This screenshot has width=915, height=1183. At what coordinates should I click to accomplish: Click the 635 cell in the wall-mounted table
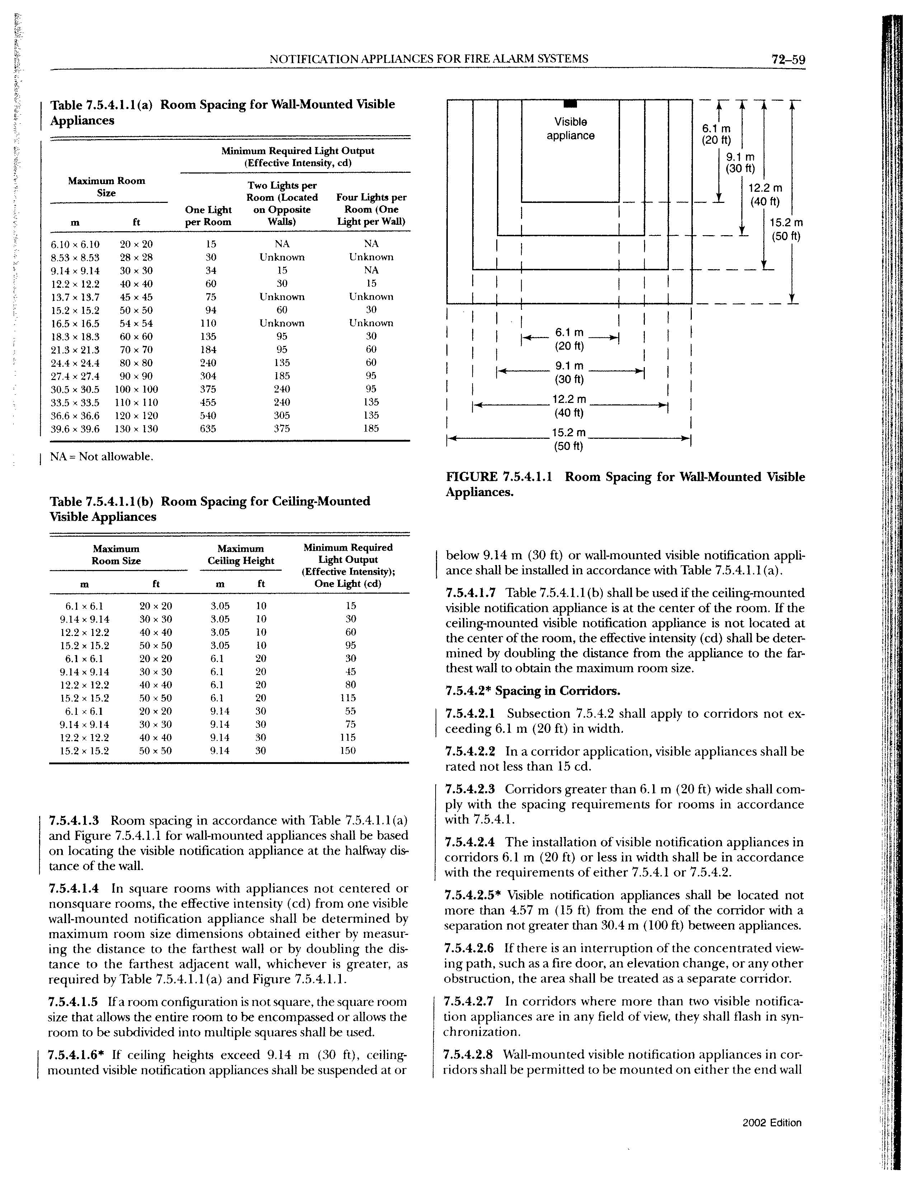pos(208,429)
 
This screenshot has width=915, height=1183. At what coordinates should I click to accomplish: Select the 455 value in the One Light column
pos(208,403)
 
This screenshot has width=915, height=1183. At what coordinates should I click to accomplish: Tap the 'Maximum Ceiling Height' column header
pos(241,555)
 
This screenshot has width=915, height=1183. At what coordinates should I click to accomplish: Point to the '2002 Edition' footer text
pos(771,1122)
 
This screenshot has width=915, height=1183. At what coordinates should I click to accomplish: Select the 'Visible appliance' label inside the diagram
pos(570,128)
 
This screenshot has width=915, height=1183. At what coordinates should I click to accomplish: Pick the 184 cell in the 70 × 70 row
pos(208,350)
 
